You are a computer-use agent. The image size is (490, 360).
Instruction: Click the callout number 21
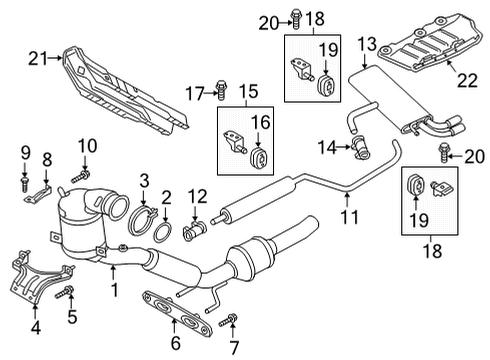(39, 59)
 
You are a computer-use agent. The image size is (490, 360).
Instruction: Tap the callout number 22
(467, 80)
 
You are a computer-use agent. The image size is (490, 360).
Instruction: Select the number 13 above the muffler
(367, 44)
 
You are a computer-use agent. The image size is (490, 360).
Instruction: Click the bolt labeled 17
(221, 90)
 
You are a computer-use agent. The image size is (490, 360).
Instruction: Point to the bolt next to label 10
(81, 176)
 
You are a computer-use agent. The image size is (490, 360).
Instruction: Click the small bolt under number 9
(24, 184)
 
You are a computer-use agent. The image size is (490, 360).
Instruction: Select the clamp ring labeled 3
(142, 221)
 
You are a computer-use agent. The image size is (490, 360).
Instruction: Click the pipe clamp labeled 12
(195, 231)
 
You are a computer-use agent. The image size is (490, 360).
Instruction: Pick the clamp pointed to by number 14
(361, 148)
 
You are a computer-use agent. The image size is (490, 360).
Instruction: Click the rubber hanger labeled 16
(259, 158)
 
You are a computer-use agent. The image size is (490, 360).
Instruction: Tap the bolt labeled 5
(65, 292)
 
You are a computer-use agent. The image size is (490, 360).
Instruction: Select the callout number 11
(350, 217)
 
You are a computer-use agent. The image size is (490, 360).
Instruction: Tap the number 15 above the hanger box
(249, 91)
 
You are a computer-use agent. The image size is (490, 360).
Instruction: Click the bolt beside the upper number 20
(296, 19)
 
